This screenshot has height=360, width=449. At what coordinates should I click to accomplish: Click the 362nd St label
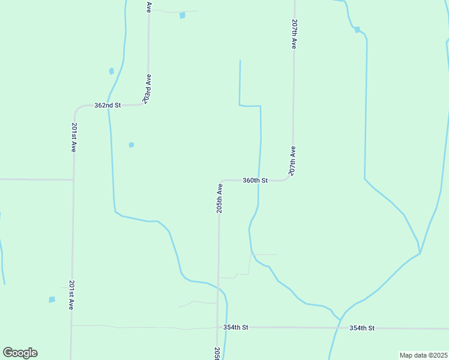click(x=107, y=105)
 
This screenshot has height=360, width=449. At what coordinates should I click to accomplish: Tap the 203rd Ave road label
click(x=147, y=88)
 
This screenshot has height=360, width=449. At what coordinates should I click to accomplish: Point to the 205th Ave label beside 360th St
click(x=220, y=199)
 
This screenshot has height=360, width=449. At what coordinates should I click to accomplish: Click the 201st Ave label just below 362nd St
click(x=73, y=137)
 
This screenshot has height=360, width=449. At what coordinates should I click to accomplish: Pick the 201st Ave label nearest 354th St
click(x=71, y=295)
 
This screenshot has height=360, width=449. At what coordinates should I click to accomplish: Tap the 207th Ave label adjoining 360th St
click(x=293, y=161)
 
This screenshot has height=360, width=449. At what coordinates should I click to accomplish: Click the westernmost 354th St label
click(x=235, y=328)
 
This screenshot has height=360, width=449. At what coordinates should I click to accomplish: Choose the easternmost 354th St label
click(x=362, y=328)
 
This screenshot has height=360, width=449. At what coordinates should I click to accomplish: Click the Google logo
click(x=20, y=353)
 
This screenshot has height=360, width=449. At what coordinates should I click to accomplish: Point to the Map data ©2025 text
click(x=423, y=355)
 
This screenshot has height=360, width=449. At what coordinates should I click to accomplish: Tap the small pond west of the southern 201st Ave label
click(x=52, y=299)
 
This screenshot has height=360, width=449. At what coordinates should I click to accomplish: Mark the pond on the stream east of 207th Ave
click(x=357, y=29)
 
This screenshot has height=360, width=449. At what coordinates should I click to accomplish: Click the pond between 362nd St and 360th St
click(x=131, y=145)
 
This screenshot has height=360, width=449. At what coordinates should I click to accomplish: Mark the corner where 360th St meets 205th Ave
click(x=220, y=181)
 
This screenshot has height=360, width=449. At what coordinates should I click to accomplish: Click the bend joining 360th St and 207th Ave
click(x=291, y=177)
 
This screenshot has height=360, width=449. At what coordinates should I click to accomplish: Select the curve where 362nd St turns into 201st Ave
click(x=75, y=110)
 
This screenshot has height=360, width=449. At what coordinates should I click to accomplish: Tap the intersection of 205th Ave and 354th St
click(x=217, y=328)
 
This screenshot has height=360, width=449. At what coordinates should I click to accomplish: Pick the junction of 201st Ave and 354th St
click(x=71, y=326)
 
